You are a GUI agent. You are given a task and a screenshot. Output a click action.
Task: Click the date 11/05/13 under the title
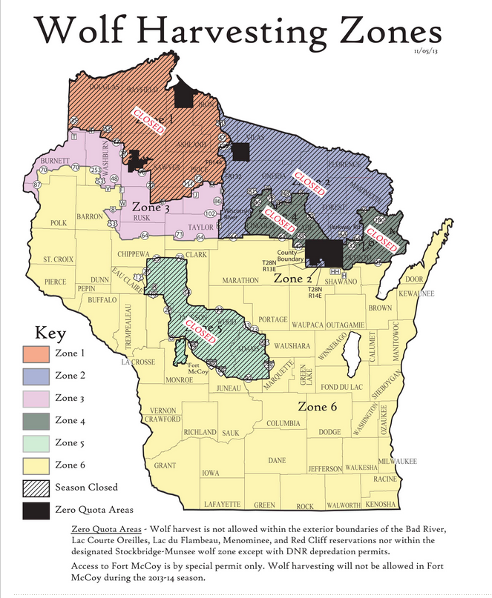(x=425, y=50)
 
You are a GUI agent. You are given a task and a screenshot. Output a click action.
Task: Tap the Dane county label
(x=278, y=460)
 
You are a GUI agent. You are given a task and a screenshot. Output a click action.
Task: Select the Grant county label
(x=165, y=465)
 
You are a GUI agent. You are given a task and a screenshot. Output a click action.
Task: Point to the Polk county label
(x=58, y=222)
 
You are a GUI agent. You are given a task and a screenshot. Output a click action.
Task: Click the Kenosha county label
(x=381, y=505)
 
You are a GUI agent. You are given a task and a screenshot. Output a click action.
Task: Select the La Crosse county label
(x=139, y=362)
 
